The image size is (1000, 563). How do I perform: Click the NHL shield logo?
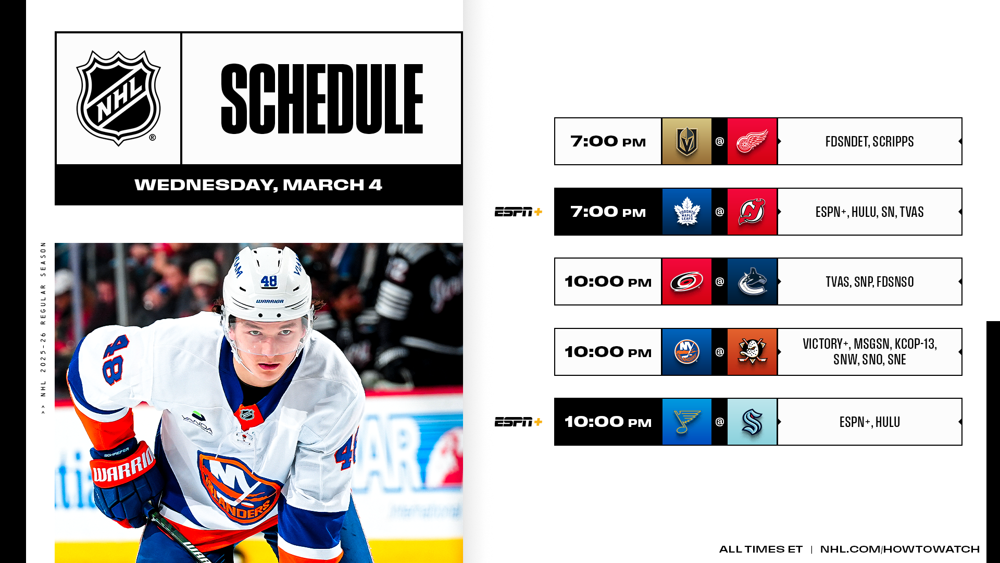click(x=119, y=98)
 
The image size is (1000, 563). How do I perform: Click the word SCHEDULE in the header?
click(x=322, y=99)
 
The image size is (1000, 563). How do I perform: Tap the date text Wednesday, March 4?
click(x=258, y=185)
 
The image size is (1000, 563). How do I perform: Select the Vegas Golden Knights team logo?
click(x=686, y=141)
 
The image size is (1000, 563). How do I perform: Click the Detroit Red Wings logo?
click(x=752, y=141)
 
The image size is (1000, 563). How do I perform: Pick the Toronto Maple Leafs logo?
click(x=686, y=212)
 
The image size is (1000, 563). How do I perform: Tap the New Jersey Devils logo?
click(x=752, y=212)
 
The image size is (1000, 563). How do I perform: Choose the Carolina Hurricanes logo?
click(x=686, y=281)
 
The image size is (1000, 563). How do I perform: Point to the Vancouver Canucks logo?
click(x=752, y=281)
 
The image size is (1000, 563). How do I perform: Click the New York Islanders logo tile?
click(x=686, y=352)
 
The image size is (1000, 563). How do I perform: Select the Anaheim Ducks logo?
click(x=752, y=352)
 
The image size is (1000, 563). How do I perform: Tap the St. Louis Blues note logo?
click(x=686, y=422)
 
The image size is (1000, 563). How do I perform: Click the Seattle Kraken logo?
click(x=752, y=422)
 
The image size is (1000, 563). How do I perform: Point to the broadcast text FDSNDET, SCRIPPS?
click(x=869, y=142)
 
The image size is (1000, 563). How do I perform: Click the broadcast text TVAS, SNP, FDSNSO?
click(x=869, y=282)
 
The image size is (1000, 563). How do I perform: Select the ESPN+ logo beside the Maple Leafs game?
click(x=518, y=212)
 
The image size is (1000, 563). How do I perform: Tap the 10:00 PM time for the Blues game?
click(x=608, y=422)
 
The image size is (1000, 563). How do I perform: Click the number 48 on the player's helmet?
click(x=269, y=281)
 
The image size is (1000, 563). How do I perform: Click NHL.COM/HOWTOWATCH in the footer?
click(x=900, y=549)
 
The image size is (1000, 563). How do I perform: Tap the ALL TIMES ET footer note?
click(x=760, y=549)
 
